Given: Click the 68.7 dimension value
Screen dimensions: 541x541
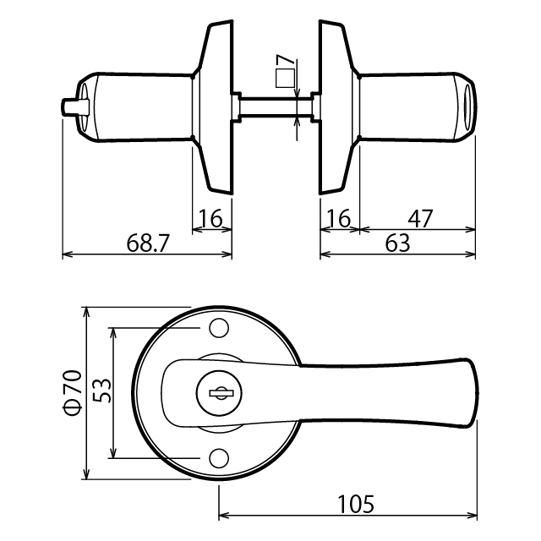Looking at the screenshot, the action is pos(148,243).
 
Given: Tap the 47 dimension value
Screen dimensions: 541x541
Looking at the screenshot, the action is pos(420,218).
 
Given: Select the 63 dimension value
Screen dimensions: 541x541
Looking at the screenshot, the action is pos(397,243).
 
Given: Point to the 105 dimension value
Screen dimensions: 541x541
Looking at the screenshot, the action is pos(356,505).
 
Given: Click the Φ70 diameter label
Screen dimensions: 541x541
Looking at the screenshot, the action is pos(72,393).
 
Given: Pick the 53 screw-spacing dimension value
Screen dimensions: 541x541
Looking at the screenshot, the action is pos(102,391).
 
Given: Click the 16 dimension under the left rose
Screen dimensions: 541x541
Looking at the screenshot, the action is pos(210,218).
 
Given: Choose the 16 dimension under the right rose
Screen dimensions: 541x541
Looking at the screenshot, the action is pos(340,218).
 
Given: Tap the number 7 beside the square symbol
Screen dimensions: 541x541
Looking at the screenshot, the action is pos(286,59).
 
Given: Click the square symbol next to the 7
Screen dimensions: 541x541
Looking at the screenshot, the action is pos(286,78).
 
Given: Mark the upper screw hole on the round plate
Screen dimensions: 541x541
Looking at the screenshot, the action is pos(219,328).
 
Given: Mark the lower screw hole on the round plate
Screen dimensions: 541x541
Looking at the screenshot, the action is pos(219,458).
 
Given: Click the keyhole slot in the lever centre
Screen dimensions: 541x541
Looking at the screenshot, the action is pos(221,393).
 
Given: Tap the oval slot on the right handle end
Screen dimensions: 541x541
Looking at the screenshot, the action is pos(468,107).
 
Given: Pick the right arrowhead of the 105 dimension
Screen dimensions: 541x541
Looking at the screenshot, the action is pos(473,516).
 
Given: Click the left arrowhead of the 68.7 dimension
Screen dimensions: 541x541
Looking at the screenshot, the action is pos(68,254).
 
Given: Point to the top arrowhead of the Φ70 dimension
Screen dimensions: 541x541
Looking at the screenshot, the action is pos(86,313).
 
